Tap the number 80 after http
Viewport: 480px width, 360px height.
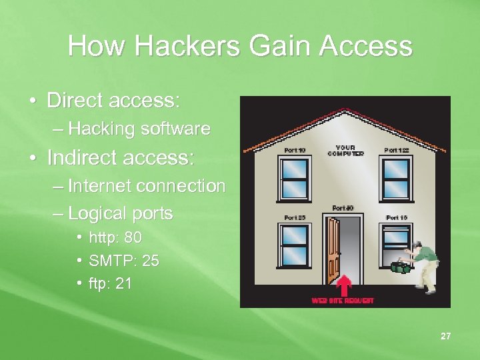tap(133, 237)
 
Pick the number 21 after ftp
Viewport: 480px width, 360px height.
tap(123, 284)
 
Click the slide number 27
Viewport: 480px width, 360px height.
tap(445, 336)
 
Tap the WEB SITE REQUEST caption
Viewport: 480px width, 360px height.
tap(343, 301)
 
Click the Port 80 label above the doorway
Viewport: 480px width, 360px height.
tap(343, 208)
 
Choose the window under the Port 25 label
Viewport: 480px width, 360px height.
tap(295, 243)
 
